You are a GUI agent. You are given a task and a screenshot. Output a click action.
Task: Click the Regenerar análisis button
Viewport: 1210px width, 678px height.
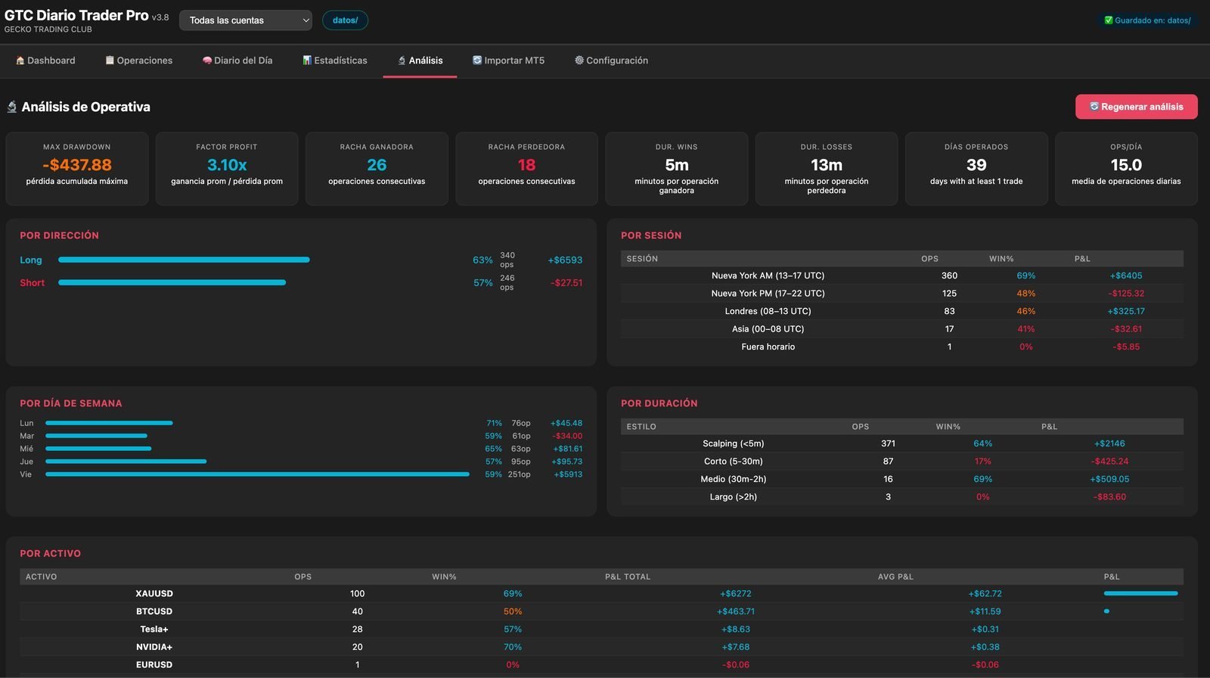coord(1136,107)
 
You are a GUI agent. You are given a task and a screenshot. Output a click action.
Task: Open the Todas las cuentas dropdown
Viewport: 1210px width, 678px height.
coord(245,20)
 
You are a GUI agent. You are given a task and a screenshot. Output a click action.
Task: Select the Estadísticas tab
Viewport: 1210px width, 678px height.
coord(335,61)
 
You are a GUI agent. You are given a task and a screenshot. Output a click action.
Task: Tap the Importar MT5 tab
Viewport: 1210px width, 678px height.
coord(508,61)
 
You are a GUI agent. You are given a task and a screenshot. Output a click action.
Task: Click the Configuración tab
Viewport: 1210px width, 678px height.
coord(611,61)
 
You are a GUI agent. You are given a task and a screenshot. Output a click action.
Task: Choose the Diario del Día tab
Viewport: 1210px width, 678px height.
coord(237,61)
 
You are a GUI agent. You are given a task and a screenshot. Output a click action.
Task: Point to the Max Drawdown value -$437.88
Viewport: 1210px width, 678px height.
coord(76,164)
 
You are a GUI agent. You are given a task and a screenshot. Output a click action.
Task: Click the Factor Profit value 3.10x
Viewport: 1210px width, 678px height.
coord(227,164)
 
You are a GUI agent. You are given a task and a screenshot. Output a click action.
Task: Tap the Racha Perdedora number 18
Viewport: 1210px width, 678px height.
coord(526,164)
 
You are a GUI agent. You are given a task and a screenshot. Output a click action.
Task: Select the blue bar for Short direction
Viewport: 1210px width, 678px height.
coord(172,282)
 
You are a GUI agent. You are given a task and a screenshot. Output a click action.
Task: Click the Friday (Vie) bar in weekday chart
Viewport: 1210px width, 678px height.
coord(257,474)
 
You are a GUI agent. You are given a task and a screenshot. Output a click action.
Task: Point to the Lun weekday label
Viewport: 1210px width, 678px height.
coord(26,423)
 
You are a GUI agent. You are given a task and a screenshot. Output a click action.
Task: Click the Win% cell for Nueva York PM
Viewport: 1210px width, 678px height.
coord(1025,293)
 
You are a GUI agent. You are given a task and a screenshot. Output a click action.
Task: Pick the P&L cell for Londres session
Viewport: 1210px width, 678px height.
coord(1126,311)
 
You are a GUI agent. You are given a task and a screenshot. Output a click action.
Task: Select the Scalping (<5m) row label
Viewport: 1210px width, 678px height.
coord(733,443)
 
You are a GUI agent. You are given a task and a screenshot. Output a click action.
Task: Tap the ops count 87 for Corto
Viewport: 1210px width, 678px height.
coord(888,461)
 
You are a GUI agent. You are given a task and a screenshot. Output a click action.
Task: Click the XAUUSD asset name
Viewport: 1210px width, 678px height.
coord(154,593)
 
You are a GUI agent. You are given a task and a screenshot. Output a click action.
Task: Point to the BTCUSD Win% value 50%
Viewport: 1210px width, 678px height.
coord(513,611)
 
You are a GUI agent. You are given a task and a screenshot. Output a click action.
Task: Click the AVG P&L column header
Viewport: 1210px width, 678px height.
coord(895,577)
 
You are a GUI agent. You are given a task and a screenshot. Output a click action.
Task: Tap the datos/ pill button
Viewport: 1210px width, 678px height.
coord(345,20)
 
